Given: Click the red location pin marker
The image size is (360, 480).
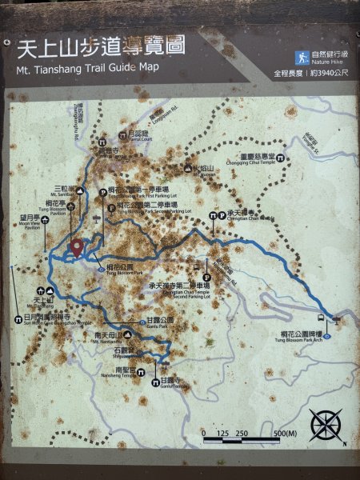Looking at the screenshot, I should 77,248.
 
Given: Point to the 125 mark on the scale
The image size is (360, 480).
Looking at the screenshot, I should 223,434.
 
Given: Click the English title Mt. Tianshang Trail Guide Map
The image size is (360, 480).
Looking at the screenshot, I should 87,68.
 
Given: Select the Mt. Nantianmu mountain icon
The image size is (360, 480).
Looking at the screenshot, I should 127,334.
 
